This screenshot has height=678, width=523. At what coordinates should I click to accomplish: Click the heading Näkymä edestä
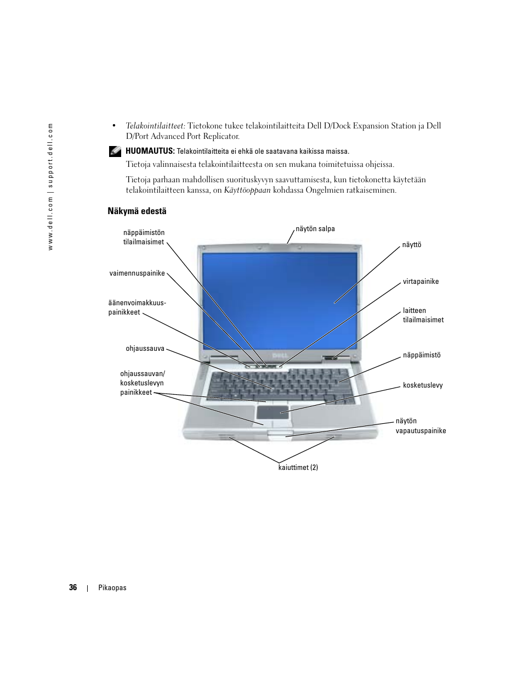(x=137, y=211)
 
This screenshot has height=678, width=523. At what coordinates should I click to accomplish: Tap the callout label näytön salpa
(x=315, y=229)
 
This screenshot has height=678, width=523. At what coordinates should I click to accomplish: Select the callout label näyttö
(x=411, y=245)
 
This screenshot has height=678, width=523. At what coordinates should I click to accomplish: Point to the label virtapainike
(x=420, y=282)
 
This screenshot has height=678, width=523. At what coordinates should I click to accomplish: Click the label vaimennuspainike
(x=137, y=273)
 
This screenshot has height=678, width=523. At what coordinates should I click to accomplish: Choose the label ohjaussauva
(x=145, y=349)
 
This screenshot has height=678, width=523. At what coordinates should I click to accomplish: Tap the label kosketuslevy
(x=423, y=385)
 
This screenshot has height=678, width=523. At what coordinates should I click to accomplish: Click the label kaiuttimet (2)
(x=298, y=468)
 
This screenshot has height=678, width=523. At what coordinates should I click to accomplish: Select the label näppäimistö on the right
(x=422, y=355)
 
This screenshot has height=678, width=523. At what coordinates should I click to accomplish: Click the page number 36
(x=73, y=587)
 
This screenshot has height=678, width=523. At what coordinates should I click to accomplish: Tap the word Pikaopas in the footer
(x=112, y=588)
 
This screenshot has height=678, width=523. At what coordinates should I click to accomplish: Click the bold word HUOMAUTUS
(x=150, y=151)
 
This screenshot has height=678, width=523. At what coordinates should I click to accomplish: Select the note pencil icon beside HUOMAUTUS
(x=115, y=150)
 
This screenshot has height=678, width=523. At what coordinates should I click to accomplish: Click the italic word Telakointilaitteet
(x=155, y=126)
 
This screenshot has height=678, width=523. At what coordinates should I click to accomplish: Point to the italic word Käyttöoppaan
(x=247, y=190)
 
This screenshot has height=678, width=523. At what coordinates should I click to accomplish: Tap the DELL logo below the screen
(x=280, y=356)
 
